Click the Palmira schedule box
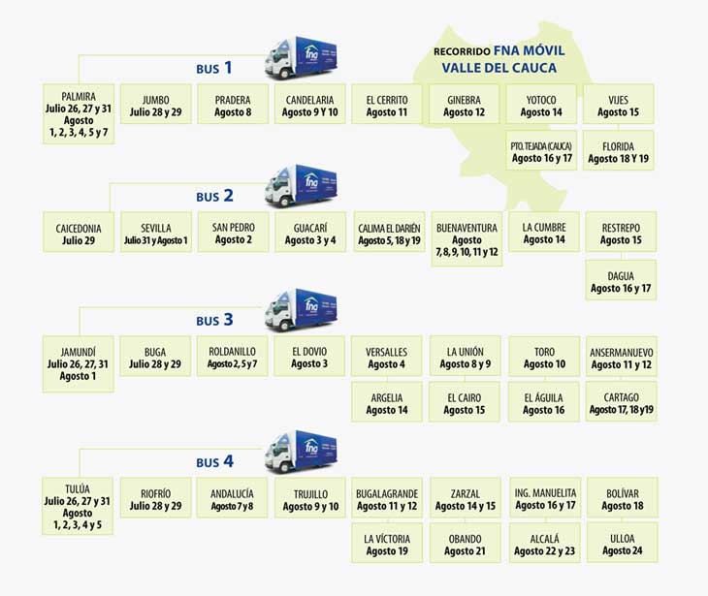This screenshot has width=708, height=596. [77, 113]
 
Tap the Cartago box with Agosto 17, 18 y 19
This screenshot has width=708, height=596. [622, 403]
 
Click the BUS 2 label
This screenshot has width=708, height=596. [214, 196]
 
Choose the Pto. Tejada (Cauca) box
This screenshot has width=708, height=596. [542, 151]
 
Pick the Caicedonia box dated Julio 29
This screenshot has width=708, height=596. [79, 234]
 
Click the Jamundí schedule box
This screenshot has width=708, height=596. [79, 363]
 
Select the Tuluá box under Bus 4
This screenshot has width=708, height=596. [79, 507]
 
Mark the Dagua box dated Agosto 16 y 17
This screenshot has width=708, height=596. [621, 281]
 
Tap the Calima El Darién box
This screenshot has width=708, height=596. [388, 234]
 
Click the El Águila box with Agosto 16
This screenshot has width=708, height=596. [543, 403]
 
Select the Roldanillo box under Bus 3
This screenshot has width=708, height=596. [232, 358]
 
